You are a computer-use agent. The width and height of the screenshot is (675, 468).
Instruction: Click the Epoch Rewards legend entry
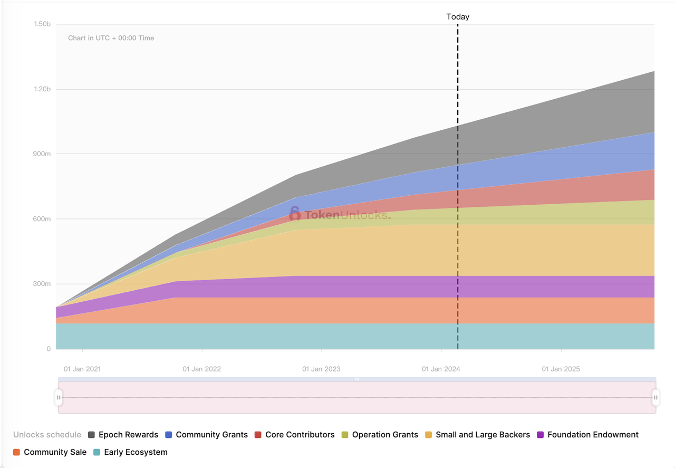coord(123,435)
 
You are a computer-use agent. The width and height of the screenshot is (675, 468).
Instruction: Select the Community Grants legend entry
coord(206,435)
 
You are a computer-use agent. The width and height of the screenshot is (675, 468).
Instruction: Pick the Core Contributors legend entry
coord(294,435)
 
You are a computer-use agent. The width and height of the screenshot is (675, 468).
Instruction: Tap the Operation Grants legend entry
coord(380,435)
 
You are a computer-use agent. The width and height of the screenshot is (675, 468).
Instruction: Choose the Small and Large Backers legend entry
coord(477,435)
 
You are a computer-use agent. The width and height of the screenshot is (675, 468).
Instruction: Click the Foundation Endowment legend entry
coord(587,435)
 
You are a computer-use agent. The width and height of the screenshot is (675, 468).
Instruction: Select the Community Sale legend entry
coord(50,452)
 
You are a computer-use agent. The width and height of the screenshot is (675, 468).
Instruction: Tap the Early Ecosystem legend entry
coord(130,452)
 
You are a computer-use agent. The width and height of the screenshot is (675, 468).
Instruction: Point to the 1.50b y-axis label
coord(42,24)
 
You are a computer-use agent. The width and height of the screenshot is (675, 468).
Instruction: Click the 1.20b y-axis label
coord(42,89)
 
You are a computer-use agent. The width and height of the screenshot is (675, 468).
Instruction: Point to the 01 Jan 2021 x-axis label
coord(82,369)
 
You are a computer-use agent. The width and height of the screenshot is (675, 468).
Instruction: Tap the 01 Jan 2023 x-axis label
coord(321,369)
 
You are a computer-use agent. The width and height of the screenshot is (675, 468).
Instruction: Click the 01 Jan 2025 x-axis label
coord(561,369)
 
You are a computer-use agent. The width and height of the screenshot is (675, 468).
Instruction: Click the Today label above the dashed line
coord(458,17)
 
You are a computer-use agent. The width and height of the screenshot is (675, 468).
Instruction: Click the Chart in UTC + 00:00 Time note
coord(111,38)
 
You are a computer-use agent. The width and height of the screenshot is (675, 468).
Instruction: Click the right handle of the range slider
coord(655,397)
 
